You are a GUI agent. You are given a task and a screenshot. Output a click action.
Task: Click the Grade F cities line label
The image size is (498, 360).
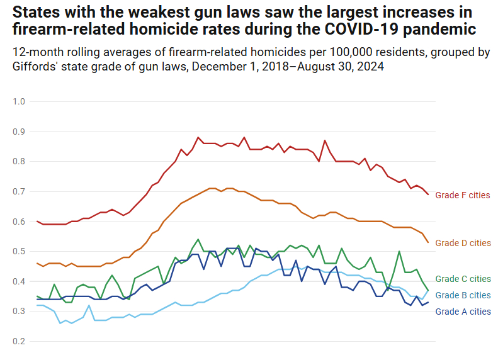(463, 195)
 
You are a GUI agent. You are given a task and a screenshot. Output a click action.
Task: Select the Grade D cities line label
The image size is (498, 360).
(463, 243)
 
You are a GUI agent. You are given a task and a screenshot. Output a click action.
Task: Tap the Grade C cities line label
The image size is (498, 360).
(463, 279)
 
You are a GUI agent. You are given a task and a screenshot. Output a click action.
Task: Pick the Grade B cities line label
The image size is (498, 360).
(463, 295)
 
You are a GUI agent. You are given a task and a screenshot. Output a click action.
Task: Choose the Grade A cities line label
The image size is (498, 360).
(463, 312)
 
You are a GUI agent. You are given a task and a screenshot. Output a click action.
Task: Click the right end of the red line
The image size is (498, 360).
(428, 194)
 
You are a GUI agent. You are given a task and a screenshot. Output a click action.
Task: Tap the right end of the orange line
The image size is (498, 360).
(428, 242)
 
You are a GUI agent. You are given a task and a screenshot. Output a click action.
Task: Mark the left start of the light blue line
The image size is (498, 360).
(38, 305)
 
